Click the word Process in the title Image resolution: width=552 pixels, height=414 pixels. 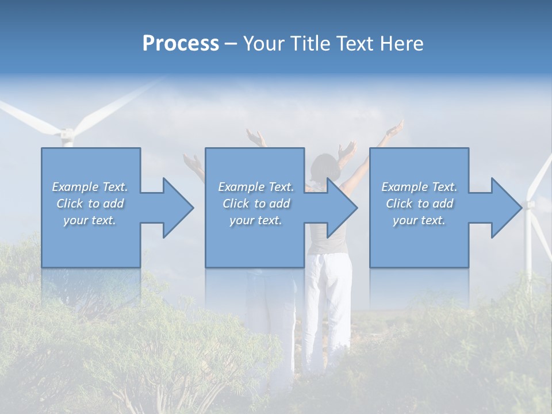coord(181,44)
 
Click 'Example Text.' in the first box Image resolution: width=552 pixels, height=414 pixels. coord(90,187)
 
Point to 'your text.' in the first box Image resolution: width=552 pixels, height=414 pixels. coord(90,220)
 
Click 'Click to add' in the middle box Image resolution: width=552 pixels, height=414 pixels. coord(256,204)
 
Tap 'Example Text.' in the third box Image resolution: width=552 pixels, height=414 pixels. coord(419,187)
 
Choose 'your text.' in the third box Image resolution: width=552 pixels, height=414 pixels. coord(419,220)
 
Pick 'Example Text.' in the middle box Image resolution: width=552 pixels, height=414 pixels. coord(256,187)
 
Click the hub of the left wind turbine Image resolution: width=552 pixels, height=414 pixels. coord(67,135)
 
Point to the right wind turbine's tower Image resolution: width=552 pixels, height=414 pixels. coord(529,247)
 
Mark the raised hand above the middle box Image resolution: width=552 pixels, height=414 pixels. coord(255,138)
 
